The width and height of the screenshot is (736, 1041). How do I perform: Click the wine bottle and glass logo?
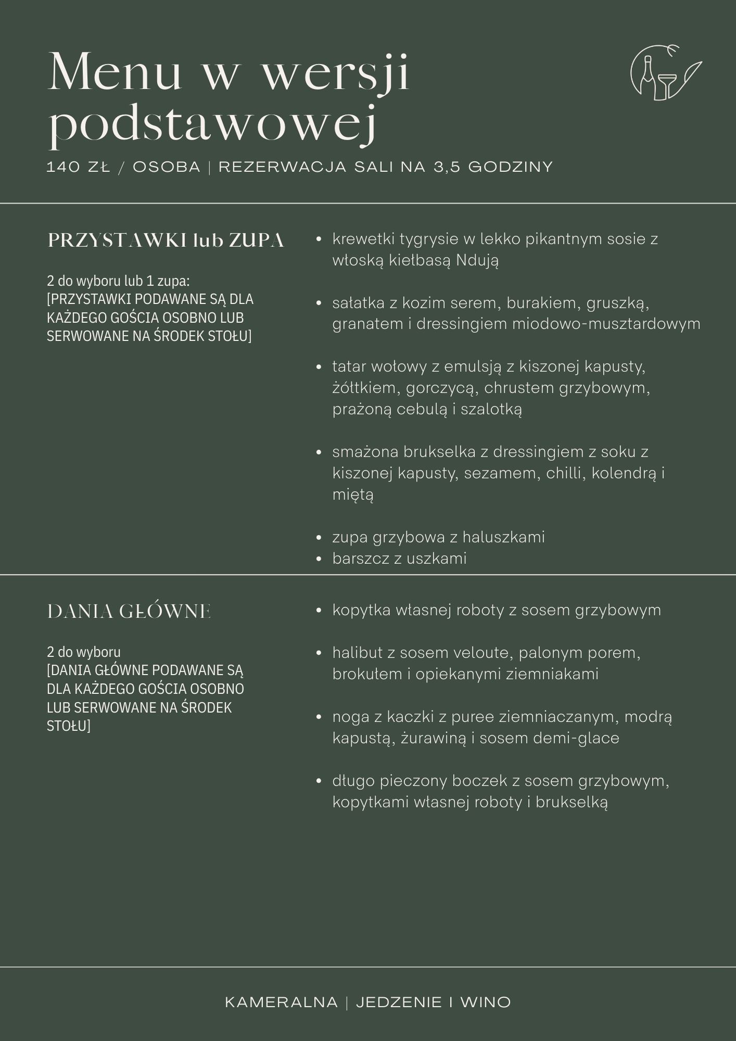665,73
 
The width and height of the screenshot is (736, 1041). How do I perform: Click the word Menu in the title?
115,73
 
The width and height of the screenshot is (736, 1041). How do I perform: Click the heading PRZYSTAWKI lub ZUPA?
166,240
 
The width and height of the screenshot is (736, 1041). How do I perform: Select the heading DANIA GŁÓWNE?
129,612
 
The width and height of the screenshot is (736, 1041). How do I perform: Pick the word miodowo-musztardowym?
606,324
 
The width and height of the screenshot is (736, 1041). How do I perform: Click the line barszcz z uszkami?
399,558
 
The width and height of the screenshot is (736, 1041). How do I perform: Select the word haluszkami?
503,537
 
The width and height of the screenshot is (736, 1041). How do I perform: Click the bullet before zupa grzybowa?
319,538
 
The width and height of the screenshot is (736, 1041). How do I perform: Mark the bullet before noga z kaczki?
319,717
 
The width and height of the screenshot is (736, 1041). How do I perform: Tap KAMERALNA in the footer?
281,1002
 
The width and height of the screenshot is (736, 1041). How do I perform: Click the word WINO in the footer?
485,1002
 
